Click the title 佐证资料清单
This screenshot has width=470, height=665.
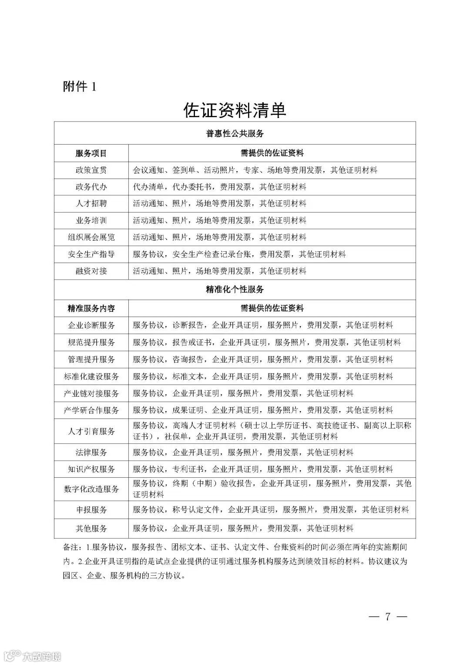[235, 110]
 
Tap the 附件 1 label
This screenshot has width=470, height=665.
[80, 87]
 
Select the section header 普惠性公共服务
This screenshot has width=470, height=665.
[235, 133]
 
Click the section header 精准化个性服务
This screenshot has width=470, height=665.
[235, 289]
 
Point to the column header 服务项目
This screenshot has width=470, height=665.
[91, 153]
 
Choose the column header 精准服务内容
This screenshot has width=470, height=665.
[91, 308]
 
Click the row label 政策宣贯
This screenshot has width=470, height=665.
[91, 170]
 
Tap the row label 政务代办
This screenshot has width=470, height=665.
[91, 187]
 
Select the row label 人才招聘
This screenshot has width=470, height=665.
[91, 203]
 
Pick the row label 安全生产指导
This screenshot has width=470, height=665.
[91, 254]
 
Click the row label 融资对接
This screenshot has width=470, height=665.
[91, 271]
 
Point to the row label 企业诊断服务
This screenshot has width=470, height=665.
[91, 325]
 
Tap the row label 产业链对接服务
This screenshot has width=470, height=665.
[91, 393]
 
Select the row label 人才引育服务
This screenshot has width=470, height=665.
[91, 431]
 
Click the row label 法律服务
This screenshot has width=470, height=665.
[91, 452]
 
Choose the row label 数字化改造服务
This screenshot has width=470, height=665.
[91, 489]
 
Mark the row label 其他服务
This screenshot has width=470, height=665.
[91, 528]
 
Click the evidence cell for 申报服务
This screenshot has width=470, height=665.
[271, 510]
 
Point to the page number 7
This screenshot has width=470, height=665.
[387, 617]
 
